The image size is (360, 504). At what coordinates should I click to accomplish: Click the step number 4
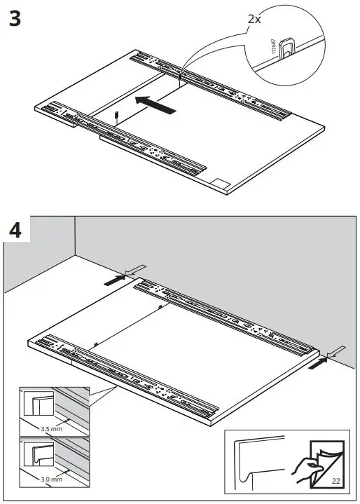(x=15, y=230)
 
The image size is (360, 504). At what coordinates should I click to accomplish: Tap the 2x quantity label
(x=254, y=19)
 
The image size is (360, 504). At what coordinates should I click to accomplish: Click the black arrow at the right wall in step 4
(x=319, y=362)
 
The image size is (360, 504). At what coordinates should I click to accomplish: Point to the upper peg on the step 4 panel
(x=160, y=307)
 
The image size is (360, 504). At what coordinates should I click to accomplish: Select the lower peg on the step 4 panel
(x=94, y=343)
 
